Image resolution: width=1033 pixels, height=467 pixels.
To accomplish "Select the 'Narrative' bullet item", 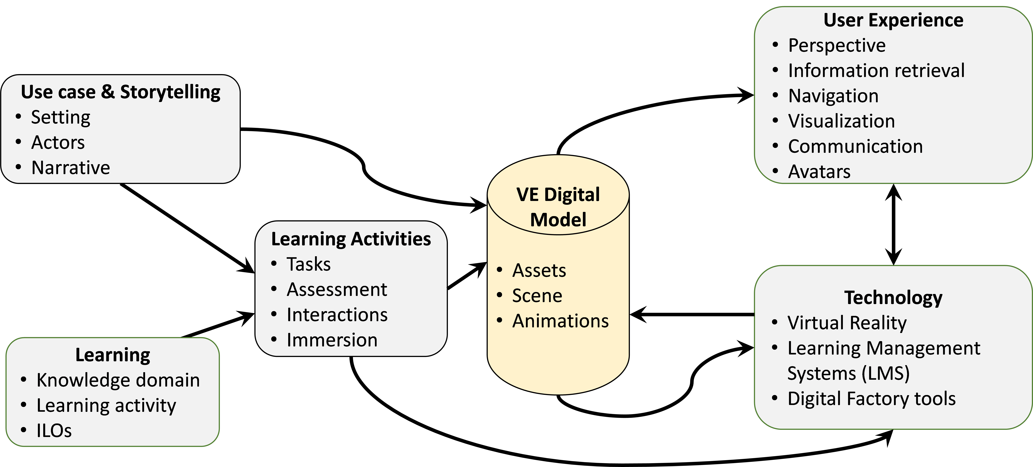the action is click(x=71, y=168).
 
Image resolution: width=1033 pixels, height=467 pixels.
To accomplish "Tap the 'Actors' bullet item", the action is click(x=58, y=142).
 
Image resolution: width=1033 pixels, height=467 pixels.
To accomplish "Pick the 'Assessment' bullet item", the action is click(x=337, y=289).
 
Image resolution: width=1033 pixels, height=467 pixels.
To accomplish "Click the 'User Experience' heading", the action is click(x=893, y=20).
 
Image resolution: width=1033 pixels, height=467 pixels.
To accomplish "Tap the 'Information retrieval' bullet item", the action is click(x=876, y=71).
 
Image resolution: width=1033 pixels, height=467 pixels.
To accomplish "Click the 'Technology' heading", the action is click(x=893, y=298).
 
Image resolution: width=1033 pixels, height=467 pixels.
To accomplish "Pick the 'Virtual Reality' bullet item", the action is click(x=847, y=323).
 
